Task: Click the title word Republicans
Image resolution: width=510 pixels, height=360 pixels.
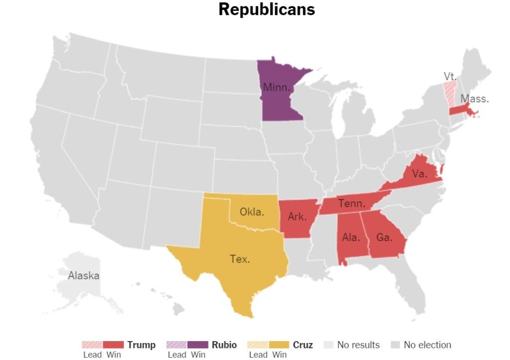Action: [x=266, y=9]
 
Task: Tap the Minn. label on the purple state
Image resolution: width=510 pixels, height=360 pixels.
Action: [x=276, y=88]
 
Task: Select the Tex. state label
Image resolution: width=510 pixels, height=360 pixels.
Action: [x=240, y=259]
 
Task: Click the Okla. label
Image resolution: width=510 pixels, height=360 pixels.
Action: [x=252, y=212]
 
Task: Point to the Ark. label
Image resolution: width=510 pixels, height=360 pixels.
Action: [x=297, y=217]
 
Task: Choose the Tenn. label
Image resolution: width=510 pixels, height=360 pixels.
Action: [x=352, y=204]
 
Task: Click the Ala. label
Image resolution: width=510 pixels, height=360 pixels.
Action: [x=351, y=238]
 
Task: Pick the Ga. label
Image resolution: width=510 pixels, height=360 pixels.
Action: [x=384, y=238]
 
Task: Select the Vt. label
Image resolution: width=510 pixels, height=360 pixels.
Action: [x=450, y=76]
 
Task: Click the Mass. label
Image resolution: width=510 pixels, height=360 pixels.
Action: [x=475, y=99]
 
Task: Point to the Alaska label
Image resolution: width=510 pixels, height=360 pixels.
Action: [x=84, y=275]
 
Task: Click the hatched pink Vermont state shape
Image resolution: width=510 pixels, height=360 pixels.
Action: [x=450, y=92]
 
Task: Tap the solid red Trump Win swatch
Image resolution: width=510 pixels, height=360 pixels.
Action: [x=114, y=345]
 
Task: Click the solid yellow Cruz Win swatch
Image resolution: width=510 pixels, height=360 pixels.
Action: [x=279, y=345]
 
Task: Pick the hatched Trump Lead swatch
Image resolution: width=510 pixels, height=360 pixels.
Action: [x=93, y=345]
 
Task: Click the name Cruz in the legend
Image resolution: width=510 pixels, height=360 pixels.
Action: [x=303, y=345]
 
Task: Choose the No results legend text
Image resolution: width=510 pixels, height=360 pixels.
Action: [x=358, y=345]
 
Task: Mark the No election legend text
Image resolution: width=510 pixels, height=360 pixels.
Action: [x=427, y=345]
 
